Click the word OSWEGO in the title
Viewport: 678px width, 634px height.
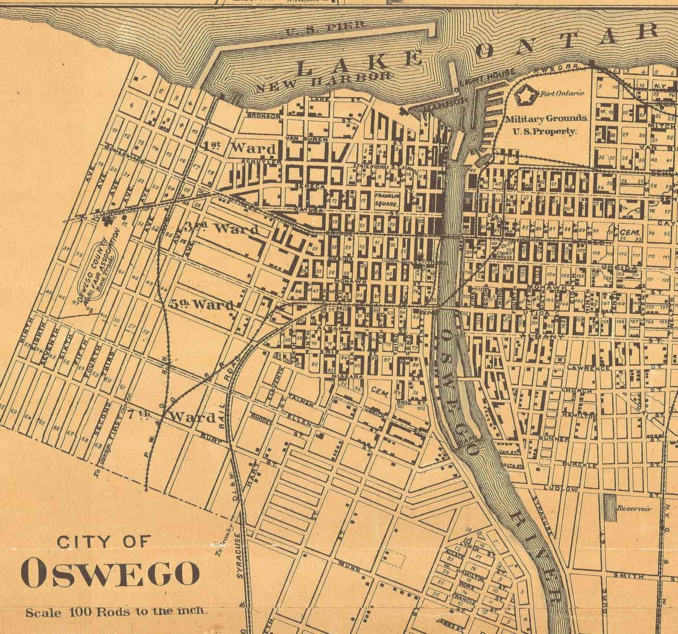click(x=110, y=573)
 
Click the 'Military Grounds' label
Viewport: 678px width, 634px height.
click(x=546, y=119)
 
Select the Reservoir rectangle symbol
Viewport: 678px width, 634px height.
click(x=611, y=508)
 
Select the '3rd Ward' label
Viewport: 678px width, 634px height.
click(x=222, y=228)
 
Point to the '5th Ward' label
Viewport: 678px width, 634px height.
click(x=202, y=304)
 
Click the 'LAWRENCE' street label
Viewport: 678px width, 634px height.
click(x=594, y=368)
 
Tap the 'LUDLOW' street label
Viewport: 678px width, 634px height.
click(x=561, y=488)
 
